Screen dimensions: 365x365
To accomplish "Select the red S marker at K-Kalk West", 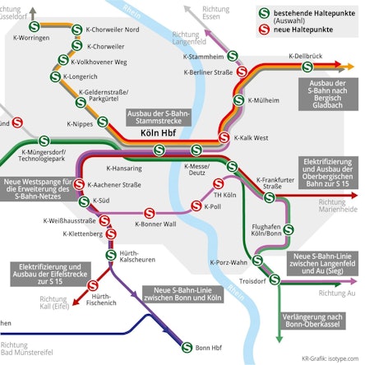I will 226,137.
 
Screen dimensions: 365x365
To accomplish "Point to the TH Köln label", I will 224,195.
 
